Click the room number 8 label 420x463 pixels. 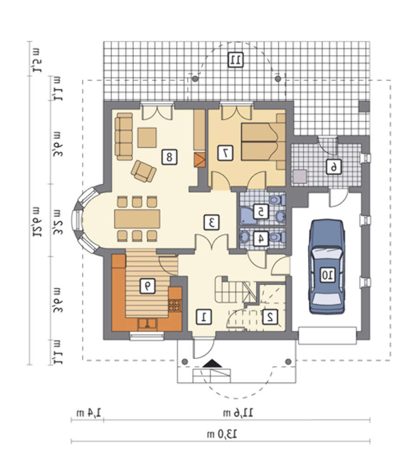click(169, 157)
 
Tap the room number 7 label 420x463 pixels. click(225, 153)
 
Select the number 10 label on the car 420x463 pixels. click(327, 275)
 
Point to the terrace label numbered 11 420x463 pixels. click(235, 60)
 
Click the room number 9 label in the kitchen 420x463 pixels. click(147, 286)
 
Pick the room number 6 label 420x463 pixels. click(333, 168)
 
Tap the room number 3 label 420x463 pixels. click(212, 223)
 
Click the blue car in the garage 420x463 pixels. click(327, 267)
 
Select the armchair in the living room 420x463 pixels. click(144, 171)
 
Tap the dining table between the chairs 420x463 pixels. click(138, 219)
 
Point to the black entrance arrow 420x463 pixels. click(212, 363)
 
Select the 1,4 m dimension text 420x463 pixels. click(88, 413)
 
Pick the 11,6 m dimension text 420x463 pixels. click(238, 413)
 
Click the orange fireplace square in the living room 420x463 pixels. click(200, 160)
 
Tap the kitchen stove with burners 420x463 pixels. click(175, 305)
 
